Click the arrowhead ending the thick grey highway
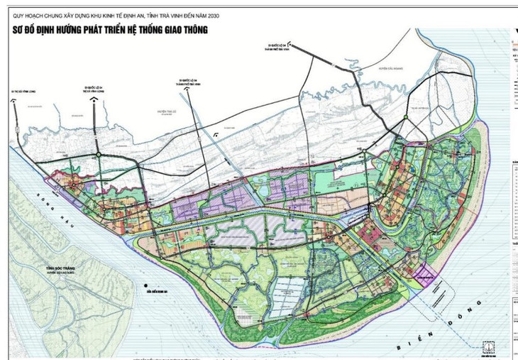click(293, 45)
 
